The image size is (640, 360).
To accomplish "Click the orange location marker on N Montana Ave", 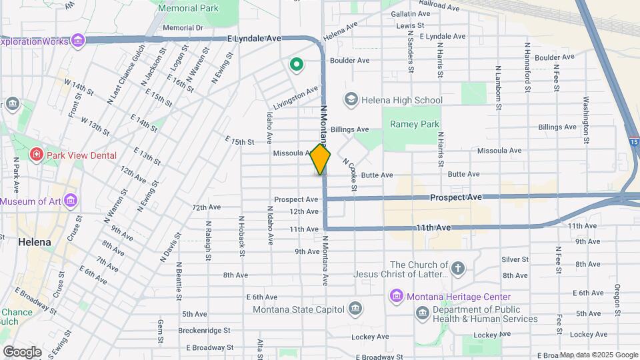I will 321,159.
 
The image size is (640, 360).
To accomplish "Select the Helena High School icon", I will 351,100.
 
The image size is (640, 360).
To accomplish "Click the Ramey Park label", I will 415,124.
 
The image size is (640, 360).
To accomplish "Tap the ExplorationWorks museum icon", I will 79,41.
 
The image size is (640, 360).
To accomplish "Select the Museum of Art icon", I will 71,201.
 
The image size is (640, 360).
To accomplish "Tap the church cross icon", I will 457,269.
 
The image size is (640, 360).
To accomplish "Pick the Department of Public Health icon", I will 422,313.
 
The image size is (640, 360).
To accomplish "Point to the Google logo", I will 22,352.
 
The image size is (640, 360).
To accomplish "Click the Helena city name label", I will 35,242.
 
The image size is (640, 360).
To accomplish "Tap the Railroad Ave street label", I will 440,5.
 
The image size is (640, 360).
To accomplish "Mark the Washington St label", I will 586,121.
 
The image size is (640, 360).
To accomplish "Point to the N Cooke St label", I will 349,173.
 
